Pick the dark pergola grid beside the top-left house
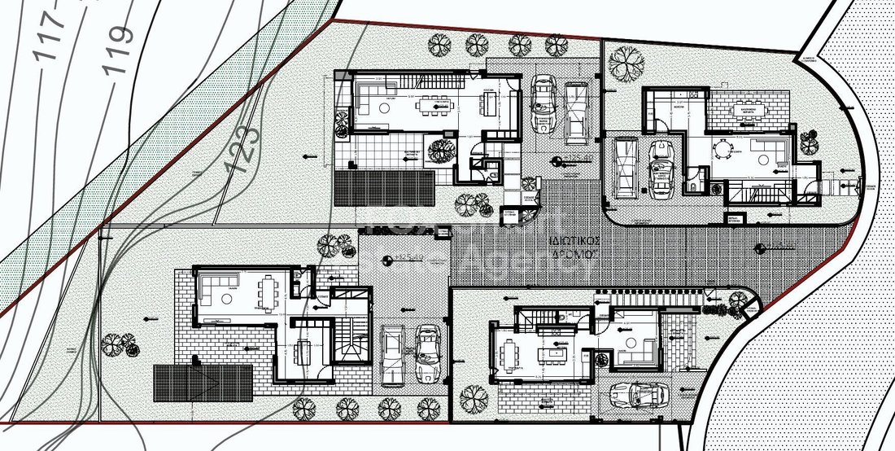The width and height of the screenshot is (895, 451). tap(383, 186)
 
